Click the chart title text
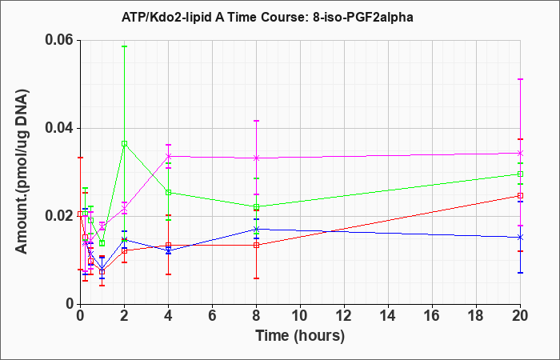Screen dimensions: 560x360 pyautogui.click(x=267, y=17)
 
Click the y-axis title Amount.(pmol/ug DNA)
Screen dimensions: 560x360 pyautogui.click(x=22, y=171)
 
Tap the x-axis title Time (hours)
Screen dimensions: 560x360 pyautogui.click(x=300, y=336)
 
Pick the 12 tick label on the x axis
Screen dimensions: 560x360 pyautogui.click(x=344, y=316)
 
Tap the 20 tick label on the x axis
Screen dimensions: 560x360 pyautogui.click(x=520, y=316)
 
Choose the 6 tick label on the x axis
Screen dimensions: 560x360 pyautogui.click(x=212, y=316)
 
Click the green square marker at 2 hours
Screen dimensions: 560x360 pyautogui.click(x=124, y=143)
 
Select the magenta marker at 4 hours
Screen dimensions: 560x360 pyautogui.click(x=168, y=156)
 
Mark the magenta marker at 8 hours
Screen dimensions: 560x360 pyautogui.click(x=256, y=158)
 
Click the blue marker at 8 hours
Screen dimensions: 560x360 pyautogui.click(x=256, y=229)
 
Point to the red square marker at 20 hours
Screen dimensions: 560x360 pyautogui.click(x=520, y=196)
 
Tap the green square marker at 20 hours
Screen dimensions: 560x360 pyautogui.click(x=520, y=174)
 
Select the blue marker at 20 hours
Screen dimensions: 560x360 pyautogui.click(x=520, y=237)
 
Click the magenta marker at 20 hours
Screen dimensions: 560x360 pyautogui.click(x=520, y=154)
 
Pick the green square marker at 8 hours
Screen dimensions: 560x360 pyautogui.click(x=256, y=206)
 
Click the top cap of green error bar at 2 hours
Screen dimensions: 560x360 pyautogui.click(x=124, y=46)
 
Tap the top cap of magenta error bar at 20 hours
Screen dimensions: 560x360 pyautogui.click(x=520, y=79)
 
